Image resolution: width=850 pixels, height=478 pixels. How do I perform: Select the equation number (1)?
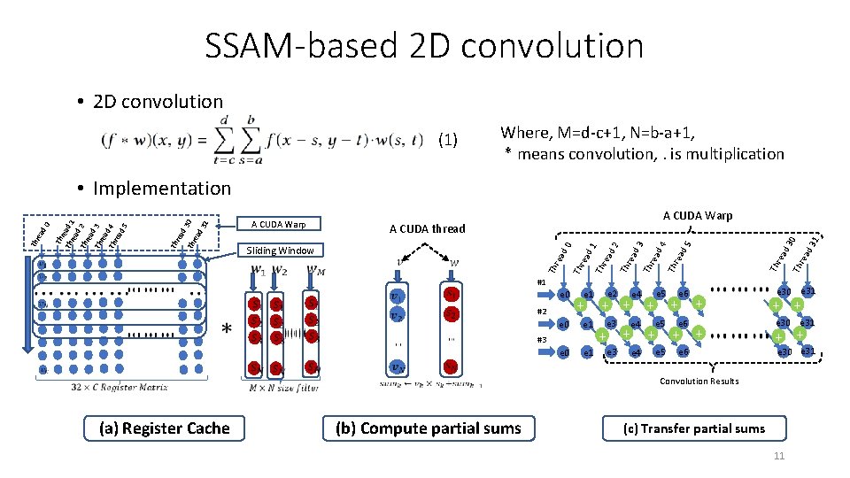(x=448, y=139)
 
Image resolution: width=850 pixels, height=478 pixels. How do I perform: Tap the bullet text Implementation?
(x=161, y=188)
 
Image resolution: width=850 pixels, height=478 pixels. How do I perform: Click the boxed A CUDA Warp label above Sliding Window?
(x=279, y=223)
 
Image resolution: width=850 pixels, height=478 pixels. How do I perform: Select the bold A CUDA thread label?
(x=427, y=228)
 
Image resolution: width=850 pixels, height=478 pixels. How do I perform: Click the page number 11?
(x=779, y=456)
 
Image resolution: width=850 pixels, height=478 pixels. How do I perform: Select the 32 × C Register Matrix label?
(x=114, y=385)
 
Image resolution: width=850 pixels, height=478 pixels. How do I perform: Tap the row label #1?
(x=542, y=282)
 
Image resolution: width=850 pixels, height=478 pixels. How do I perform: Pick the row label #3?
(x=542, y=340)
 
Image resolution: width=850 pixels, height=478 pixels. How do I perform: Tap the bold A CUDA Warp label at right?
(x=698, y=215)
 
